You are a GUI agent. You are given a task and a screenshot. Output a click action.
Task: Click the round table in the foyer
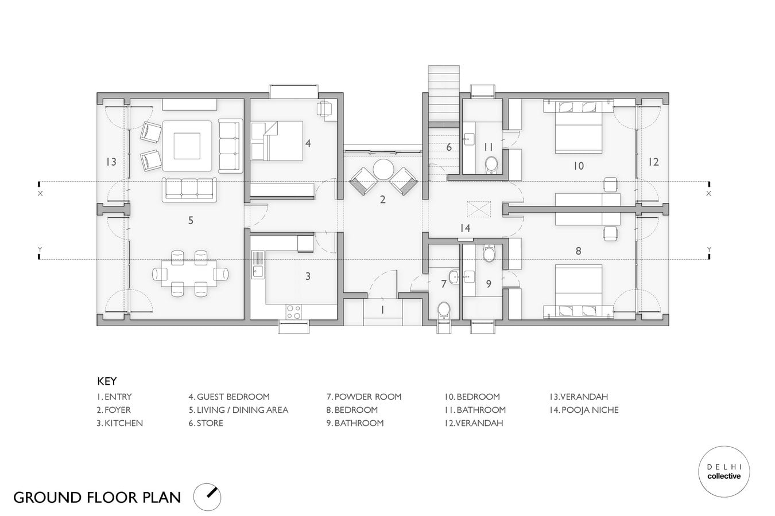(x=383, y=169)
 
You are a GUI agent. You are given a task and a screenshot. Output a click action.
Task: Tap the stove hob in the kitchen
(x=293, y=311)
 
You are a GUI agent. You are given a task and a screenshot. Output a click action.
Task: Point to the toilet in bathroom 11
(x=491, y=165)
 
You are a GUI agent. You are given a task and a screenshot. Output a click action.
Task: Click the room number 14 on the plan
(x=465, y=228)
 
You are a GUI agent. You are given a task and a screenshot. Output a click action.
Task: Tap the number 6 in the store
(x=449, y=147)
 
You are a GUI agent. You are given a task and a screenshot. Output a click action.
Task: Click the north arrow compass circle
(x=207, y=497)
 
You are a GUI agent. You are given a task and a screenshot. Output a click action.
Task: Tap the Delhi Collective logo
(x=724, y=472)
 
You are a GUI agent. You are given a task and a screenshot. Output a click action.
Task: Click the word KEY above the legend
(x=107, y=381)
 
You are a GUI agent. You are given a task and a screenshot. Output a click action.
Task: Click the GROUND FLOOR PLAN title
(x=97, y=498)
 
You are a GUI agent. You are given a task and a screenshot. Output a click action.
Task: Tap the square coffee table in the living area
(x=187, y=146)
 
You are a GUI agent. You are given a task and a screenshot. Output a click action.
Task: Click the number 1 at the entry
(x=382, y=310)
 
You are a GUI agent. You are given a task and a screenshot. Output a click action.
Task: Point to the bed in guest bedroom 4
(x=277, y=140)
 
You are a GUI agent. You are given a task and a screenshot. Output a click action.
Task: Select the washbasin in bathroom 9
(x=469, y=276)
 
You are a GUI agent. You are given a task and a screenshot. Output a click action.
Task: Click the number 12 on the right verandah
(x=653, y=162)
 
